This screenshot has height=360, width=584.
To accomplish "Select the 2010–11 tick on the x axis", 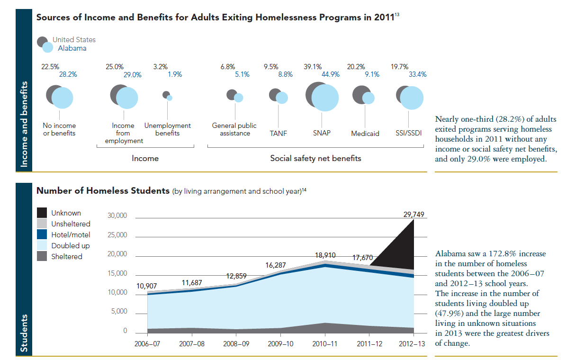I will [x=325, y=343].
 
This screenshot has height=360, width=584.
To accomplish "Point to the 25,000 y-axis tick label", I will [x=118, y=235].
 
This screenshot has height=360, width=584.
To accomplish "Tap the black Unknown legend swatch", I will [x=42, y=213].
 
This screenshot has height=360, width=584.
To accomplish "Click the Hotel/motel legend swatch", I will [x=42, y=234].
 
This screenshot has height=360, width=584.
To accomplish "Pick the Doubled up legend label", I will [x=70, y=246].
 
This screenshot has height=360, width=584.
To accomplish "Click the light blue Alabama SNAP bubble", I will [x=325, y=98].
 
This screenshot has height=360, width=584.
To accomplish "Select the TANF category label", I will [x=279, y=134].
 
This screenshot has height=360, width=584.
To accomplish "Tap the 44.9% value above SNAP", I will [x=331, y=74].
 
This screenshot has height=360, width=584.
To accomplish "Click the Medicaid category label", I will [x=365, y=134].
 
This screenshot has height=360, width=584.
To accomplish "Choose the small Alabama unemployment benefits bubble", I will [x=170, y=98].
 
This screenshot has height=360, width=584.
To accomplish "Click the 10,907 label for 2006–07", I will [x=146, y=286].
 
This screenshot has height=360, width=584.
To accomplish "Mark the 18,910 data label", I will [x=325, y=255].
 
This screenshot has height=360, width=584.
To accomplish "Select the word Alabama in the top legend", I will [x=72, y=48].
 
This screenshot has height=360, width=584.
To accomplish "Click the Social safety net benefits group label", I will [x=315, y=158].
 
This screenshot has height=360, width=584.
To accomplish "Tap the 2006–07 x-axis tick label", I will [x=147, y=343].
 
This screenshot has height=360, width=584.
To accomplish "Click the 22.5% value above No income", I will [x=50, y=67].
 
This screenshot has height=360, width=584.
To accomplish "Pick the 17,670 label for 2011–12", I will [x=362, y=258].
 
